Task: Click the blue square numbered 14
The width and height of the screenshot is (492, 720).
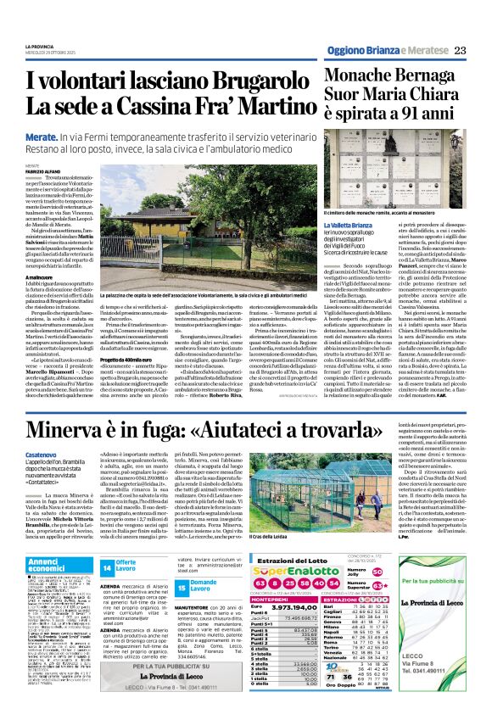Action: coord(107,567)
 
